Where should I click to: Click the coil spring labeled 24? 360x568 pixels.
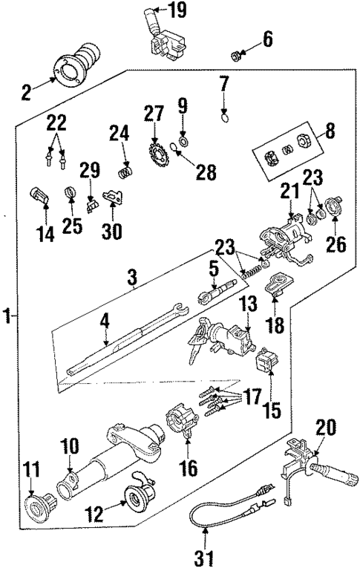(x=126, y=172)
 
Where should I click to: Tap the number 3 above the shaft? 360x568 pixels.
(x=132, y=279)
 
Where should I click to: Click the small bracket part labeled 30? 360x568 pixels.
(x=113, y=196)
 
